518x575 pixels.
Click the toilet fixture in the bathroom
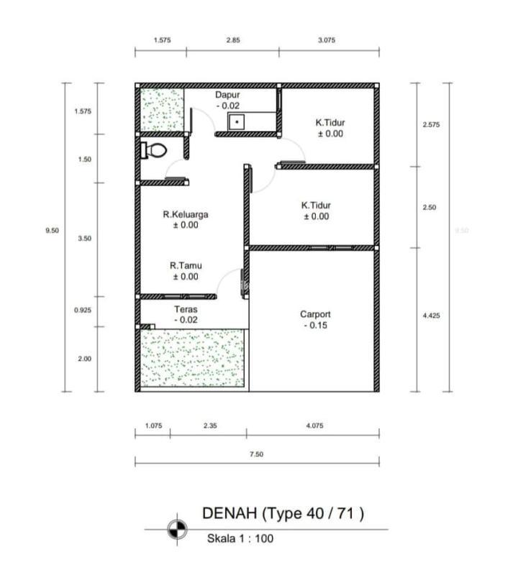pos(154,150)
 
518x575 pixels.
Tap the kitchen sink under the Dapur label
pos(237,121)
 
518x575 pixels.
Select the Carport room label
pos(315,314)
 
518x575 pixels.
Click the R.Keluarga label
pos(186,214)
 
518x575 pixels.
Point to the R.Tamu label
pos(186,265)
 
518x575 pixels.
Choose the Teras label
pos(186,309)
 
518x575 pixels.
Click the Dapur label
pos(227,95)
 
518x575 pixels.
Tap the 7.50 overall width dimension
pos(257,454)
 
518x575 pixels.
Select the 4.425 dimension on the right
pos(432,316)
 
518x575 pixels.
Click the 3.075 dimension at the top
pos(327,40)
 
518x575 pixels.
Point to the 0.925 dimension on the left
pos(83,310)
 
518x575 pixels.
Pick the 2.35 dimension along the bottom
pos(210,425)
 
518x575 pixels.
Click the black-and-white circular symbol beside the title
pos(177,530)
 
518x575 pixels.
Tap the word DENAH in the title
pos(230,513)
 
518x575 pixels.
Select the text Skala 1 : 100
pos(240,538)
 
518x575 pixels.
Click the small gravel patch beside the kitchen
pos(163,109)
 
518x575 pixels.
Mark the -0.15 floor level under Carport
pos(316,326)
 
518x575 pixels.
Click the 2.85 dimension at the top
pos(233,40)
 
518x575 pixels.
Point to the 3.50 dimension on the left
pos(84,239)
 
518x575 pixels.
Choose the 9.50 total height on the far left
pos(52,231)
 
